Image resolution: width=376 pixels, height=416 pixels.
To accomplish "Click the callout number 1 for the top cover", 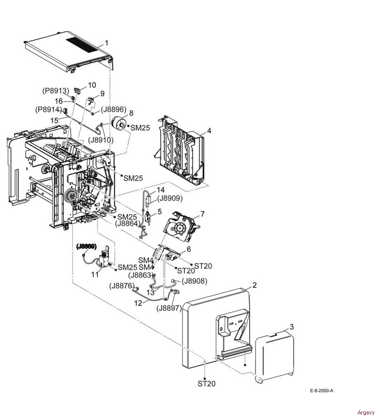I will click(x=106, y=43).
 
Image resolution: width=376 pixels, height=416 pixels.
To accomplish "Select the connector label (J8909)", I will click(x=170, y=199).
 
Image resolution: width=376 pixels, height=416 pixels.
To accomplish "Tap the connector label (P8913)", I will click(x=56, y=91).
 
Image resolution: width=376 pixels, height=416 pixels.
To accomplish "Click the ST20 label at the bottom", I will click(x=206, y=383).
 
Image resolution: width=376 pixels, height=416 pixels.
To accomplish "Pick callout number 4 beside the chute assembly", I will click(x=209, y=131).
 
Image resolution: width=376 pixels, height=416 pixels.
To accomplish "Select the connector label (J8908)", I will click(x=194, y=281).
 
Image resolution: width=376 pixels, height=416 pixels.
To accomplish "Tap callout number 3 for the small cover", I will click(x=291, y=326).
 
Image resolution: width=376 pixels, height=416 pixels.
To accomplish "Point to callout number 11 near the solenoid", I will click(x=95, y=275).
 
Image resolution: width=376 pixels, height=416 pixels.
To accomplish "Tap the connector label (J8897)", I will click(x=169, y=308).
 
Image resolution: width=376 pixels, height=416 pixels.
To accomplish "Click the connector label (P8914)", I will click(x=48, y=109).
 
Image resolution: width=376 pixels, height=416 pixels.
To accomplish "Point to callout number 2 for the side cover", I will click(x=254, y=285).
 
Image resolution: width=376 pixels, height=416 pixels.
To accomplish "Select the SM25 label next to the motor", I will click(x=140, y=128).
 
